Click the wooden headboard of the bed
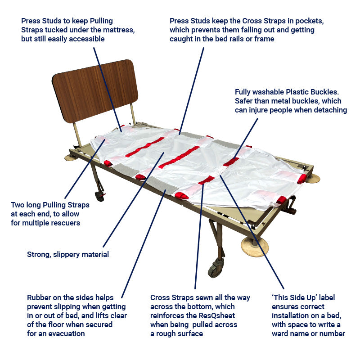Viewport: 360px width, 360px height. click(x=95, y=91)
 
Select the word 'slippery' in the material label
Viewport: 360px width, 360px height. click(x=66, y=255)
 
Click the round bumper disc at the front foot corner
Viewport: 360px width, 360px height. click(x=255, y=247)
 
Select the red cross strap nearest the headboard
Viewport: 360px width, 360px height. click(x=145, y=147)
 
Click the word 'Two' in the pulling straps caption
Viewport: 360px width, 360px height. click(x=18, y=205)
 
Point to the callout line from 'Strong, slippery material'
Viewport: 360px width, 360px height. click(x=134, y=199)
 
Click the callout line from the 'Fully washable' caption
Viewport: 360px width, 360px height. click(x=246, y=139)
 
